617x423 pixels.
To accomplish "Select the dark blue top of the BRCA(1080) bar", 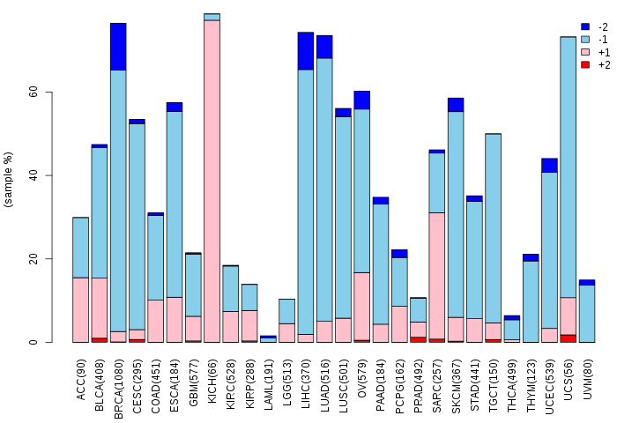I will [118, 47].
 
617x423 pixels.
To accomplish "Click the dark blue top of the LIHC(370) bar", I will [305, 51].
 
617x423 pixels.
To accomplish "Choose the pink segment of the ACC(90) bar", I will [80, 309].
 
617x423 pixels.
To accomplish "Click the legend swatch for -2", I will [584, 27].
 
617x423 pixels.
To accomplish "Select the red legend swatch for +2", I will [584, 65].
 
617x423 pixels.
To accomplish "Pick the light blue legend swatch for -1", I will [584, 40].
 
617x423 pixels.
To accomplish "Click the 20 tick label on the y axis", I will [33, 259].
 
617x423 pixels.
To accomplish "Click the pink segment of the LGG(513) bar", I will [286, 332].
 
